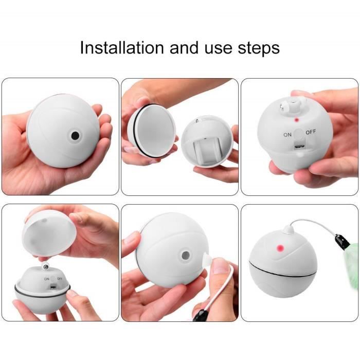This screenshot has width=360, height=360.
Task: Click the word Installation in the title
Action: coord(122,48)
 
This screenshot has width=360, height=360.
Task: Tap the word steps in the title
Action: coord(259,49)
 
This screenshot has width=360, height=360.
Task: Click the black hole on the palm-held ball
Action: coord(75,136)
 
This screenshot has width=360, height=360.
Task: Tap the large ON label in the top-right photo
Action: coord(287,135)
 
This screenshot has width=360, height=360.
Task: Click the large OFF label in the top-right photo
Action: coord(311,132)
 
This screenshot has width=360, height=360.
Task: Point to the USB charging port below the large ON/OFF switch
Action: coord(299,146)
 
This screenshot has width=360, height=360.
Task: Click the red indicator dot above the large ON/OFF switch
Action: coord(297,120)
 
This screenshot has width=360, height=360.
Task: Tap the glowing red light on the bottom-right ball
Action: coord(280,248)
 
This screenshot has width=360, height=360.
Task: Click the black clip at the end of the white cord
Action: coord(342,242)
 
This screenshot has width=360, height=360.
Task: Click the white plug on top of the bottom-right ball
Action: coord(289,229)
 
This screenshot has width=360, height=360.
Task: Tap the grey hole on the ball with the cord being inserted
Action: coord(186,255)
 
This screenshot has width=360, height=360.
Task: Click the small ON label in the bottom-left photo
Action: coord(47,279)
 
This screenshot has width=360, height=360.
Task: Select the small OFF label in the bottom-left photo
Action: coord(60,279)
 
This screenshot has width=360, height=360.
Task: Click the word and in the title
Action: coord(184,48)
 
